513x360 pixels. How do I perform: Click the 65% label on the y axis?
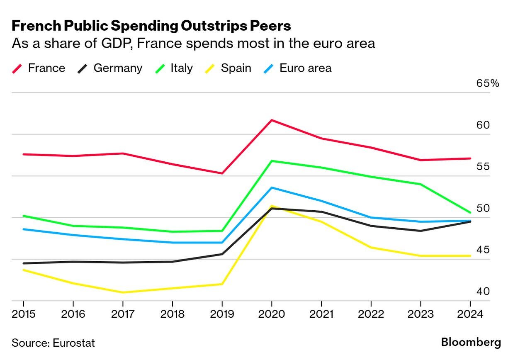click(488, 83)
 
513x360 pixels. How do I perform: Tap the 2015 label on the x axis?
click(23, 314)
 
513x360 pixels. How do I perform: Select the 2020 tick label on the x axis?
click(271, 314)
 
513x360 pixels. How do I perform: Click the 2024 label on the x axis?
click(470, 314)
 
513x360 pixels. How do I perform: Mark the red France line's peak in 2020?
click(271, 120)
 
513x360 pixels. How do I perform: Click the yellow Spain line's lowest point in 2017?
click(123, 292)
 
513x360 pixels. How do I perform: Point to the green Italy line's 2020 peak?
click(271, 161)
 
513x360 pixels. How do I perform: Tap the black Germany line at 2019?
click(222, 254)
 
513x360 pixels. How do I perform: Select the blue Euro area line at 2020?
click(271, 188)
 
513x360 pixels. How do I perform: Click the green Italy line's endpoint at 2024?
click(470, 212)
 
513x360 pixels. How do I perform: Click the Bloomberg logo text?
click(471, 343)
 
